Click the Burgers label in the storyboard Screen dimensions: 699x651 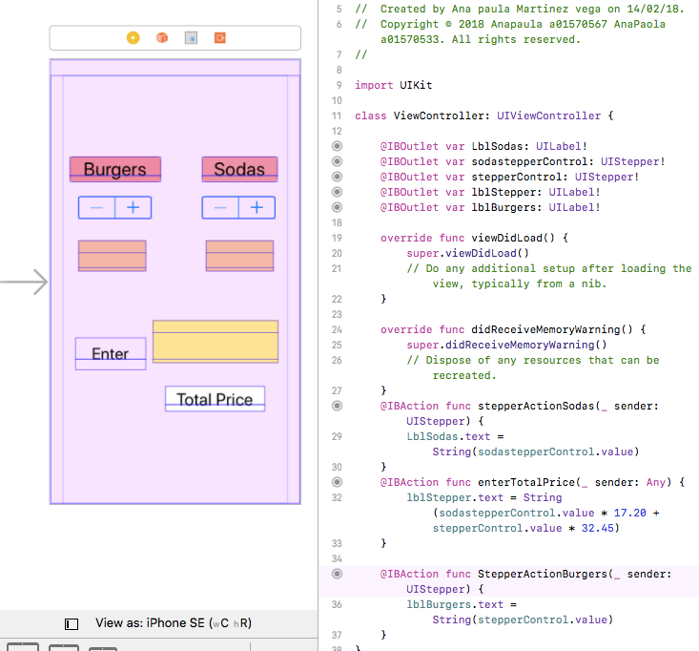(115, 169)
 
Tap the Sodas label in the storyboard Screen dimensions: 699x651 (239, 169)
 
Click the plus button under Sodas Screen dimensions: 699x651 (257, 207)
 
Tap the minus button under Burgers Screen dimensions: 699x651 (96, 207)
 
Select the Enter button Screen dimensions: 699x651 (111, 354)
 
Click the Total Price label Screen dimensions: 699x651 (215, 399)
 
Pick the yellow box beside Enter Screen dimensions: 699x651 (216, 342)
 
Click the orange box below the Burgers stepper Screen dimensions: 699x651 (112, 256)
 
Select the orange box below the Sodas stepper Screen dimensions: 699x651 (240, 256)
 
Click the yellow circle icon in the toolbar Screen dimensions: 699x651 (133, 38)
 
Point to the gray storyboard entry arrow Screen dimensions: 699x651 (24, 282)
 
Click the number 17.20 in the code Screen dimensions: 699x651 (630, 513)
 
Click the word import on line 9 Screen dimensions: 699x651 (374, 85)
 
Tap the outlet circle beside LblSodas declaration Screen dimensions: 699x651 (337, 146)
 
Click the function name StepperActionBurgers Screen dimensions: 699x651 (543, 574)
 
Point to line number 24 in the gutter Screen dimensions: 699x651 (337, 329)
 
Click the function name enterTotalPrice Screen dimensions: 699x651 (526, 482)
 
